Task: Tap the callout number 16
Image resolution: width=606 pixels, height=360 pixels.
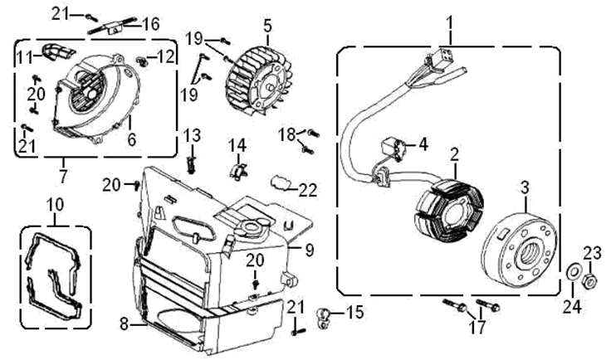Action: (150, 22)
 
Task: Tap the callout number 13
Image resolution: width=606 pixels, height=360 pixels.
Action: (192, 135)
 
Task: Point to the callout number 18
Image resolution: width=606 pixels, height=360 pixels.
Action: (287, 134)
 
